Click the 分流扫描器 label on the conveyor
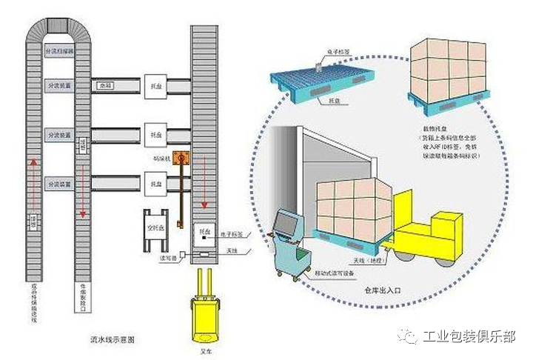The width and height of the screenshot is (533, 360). (58, 52)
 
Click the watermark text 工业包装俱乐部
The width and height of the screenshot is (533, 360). (469, 338)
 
